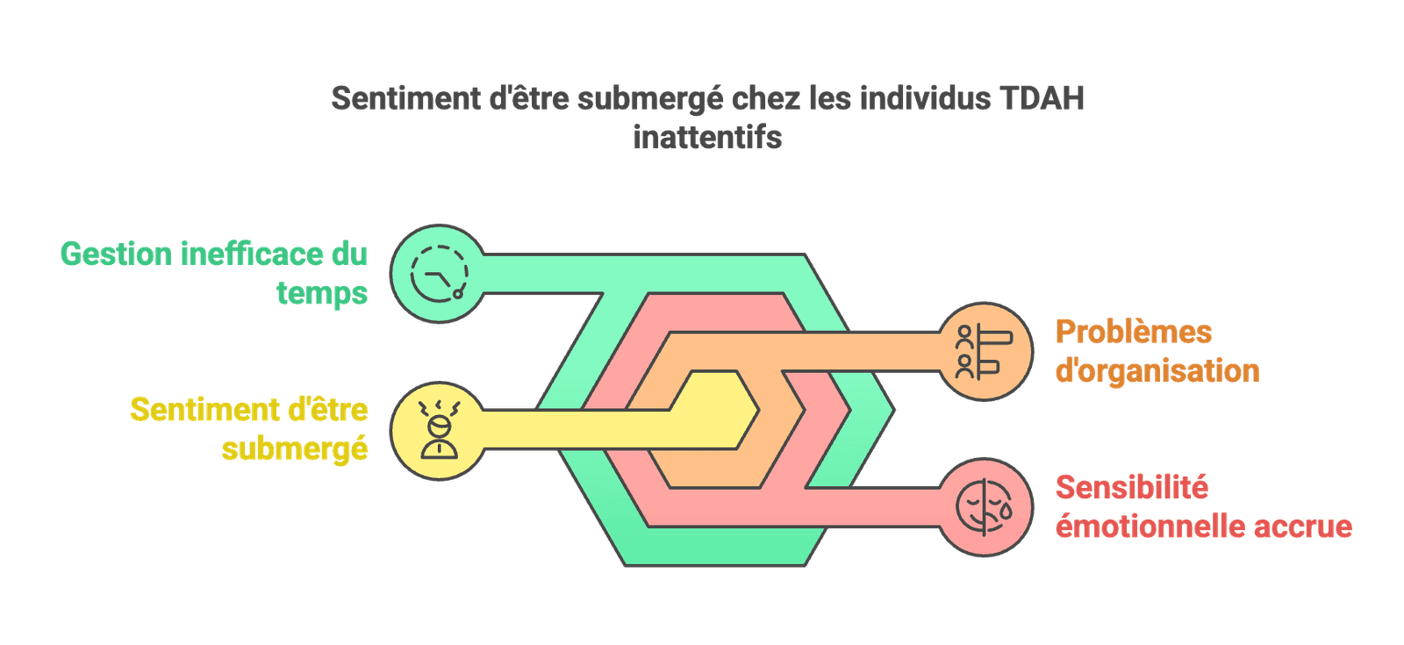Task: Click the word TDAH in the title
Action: tap(1042, 98)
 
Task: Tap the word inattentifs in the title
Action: tap(707, 137)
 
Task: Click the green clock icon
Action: tap(440, 274)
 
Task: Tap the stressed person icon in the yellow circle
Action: tap(440, 430)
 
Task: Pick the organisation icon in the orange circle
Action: tap(984, 352)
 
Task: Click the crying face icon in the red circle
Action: tap(984, 507)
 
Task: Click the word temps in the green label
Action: tap(322, 294)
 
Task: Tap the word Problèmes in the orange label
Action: tap(1134, 333)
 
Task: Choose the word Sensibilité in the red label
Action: tap(1132, 488)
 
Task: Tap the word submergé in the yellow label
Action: tap(295, 449)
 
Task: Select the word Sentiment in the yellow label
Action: tap(204, 410)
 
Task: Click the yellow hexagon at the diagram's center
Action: tap(714, 410)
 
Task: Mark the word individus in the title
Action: tap(925, 98)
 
